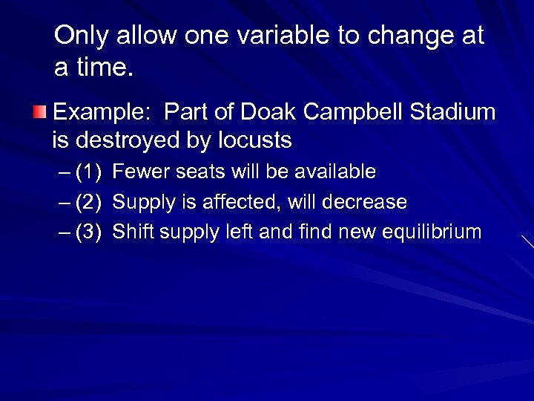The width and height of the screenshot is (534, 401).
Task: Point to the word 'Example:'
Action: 104,113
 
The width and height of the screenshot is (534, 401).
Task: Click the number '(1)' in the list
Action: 88,172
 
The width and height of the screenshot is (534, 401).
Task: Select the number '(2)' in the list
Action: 88,202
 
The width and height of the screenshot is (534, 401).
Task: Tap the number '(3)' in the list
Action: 88,232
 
